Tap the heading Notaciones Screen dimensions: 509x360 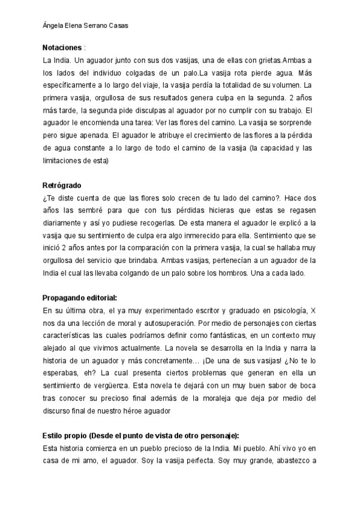coord(62,47)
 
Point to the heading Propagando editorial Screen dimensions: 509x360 coord(80,298)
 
